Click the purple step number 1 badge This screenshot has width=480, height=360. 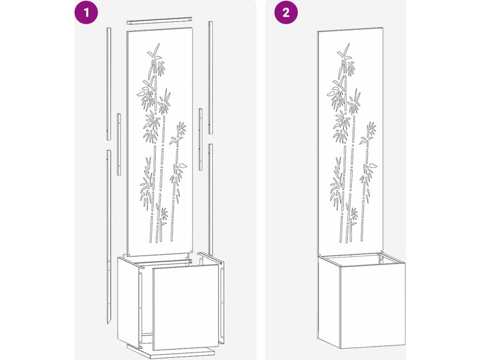click(x=86, y=13)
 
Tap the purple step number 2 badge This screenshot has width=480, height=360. click(x=285, y=13)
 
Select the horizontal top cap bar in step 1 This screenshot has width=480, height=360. click(x=159, y=21)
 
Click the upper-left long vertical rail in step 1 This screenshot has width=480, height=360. click(x=109, y=83)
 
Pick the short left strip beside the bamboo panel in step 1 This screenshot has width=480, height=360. click(x=119, y=144)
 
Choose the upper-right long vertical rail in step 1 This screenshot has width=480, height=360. click(x=210, y=77)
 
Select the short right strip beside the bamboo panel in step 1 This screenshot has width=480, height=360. click(x=201, y=139)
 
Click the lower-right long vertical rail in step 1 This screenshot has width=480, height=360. click(x=210, y=200)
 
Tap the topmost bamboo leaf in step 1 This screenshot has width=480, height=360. click(x=157, y=48)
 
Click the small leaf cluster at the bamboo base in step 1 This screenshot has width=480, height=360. click(x=164, y=214)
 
